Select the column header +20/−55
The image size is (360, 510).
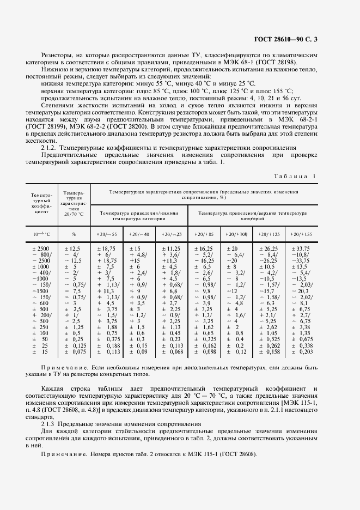coord(107,234)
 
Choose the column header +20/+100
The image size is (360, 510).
coord(236,234)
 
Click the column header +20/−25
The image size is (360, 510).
coord(172,234)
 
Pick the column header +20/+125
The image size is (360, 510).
coord(269,234)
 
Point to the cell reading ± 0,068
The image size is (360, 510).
coord(172,352)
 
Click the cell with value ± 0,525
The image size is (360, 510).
coord(269,339)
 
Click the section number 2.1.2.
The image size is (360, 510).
coord(49,148)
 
